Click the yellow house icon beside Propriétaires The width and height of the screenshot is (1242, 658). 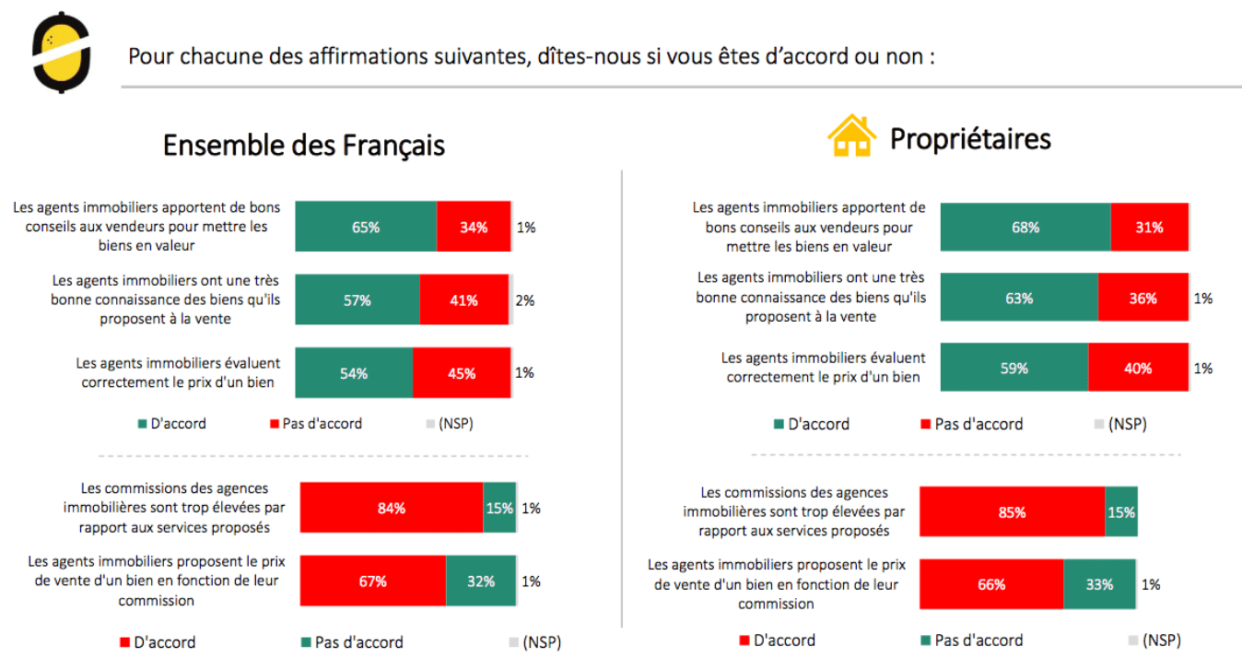pos(851,136)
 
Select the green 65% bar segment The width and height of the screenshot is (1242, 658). pos(366,227)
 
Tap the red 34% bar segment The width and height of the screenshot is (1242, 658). pos(474,227)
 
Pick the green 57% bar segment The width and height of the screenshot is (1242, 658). pos(357,300)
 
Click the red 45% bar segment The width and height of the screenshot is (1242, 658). pos(462,373)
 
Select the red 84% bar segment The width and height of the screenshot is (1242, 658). pos(392,508)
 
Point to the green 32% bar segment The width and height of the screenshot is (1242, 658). pos(481,582)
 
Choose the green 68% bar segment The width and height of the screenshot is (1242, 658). pos(1025,227)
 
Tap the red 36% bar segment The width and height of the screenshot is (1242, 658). pos(1142,298)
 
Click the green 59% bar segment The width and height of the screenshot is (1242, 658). pos(1014,368)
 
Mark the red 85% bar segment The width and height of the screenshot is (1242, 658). pos(1012,512)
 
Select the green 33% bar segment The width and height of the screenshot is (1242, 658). pos(1099,584)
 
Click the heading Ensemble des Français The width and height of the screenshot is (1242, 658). pos(303,146)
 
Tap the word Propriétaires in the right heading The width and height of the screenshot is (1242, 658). pos(970,139)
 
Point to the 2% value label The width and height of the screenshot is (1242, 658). pos(525,300)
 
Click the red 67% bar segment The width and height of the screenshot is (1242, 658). pos(373,582)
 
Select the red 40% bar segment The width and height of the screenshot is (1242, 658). pos(1138,368)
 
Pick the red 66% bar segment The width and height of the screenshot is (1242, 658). pos(991,584)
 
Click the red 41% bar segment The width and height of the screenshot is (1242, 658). pos(464,300)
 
